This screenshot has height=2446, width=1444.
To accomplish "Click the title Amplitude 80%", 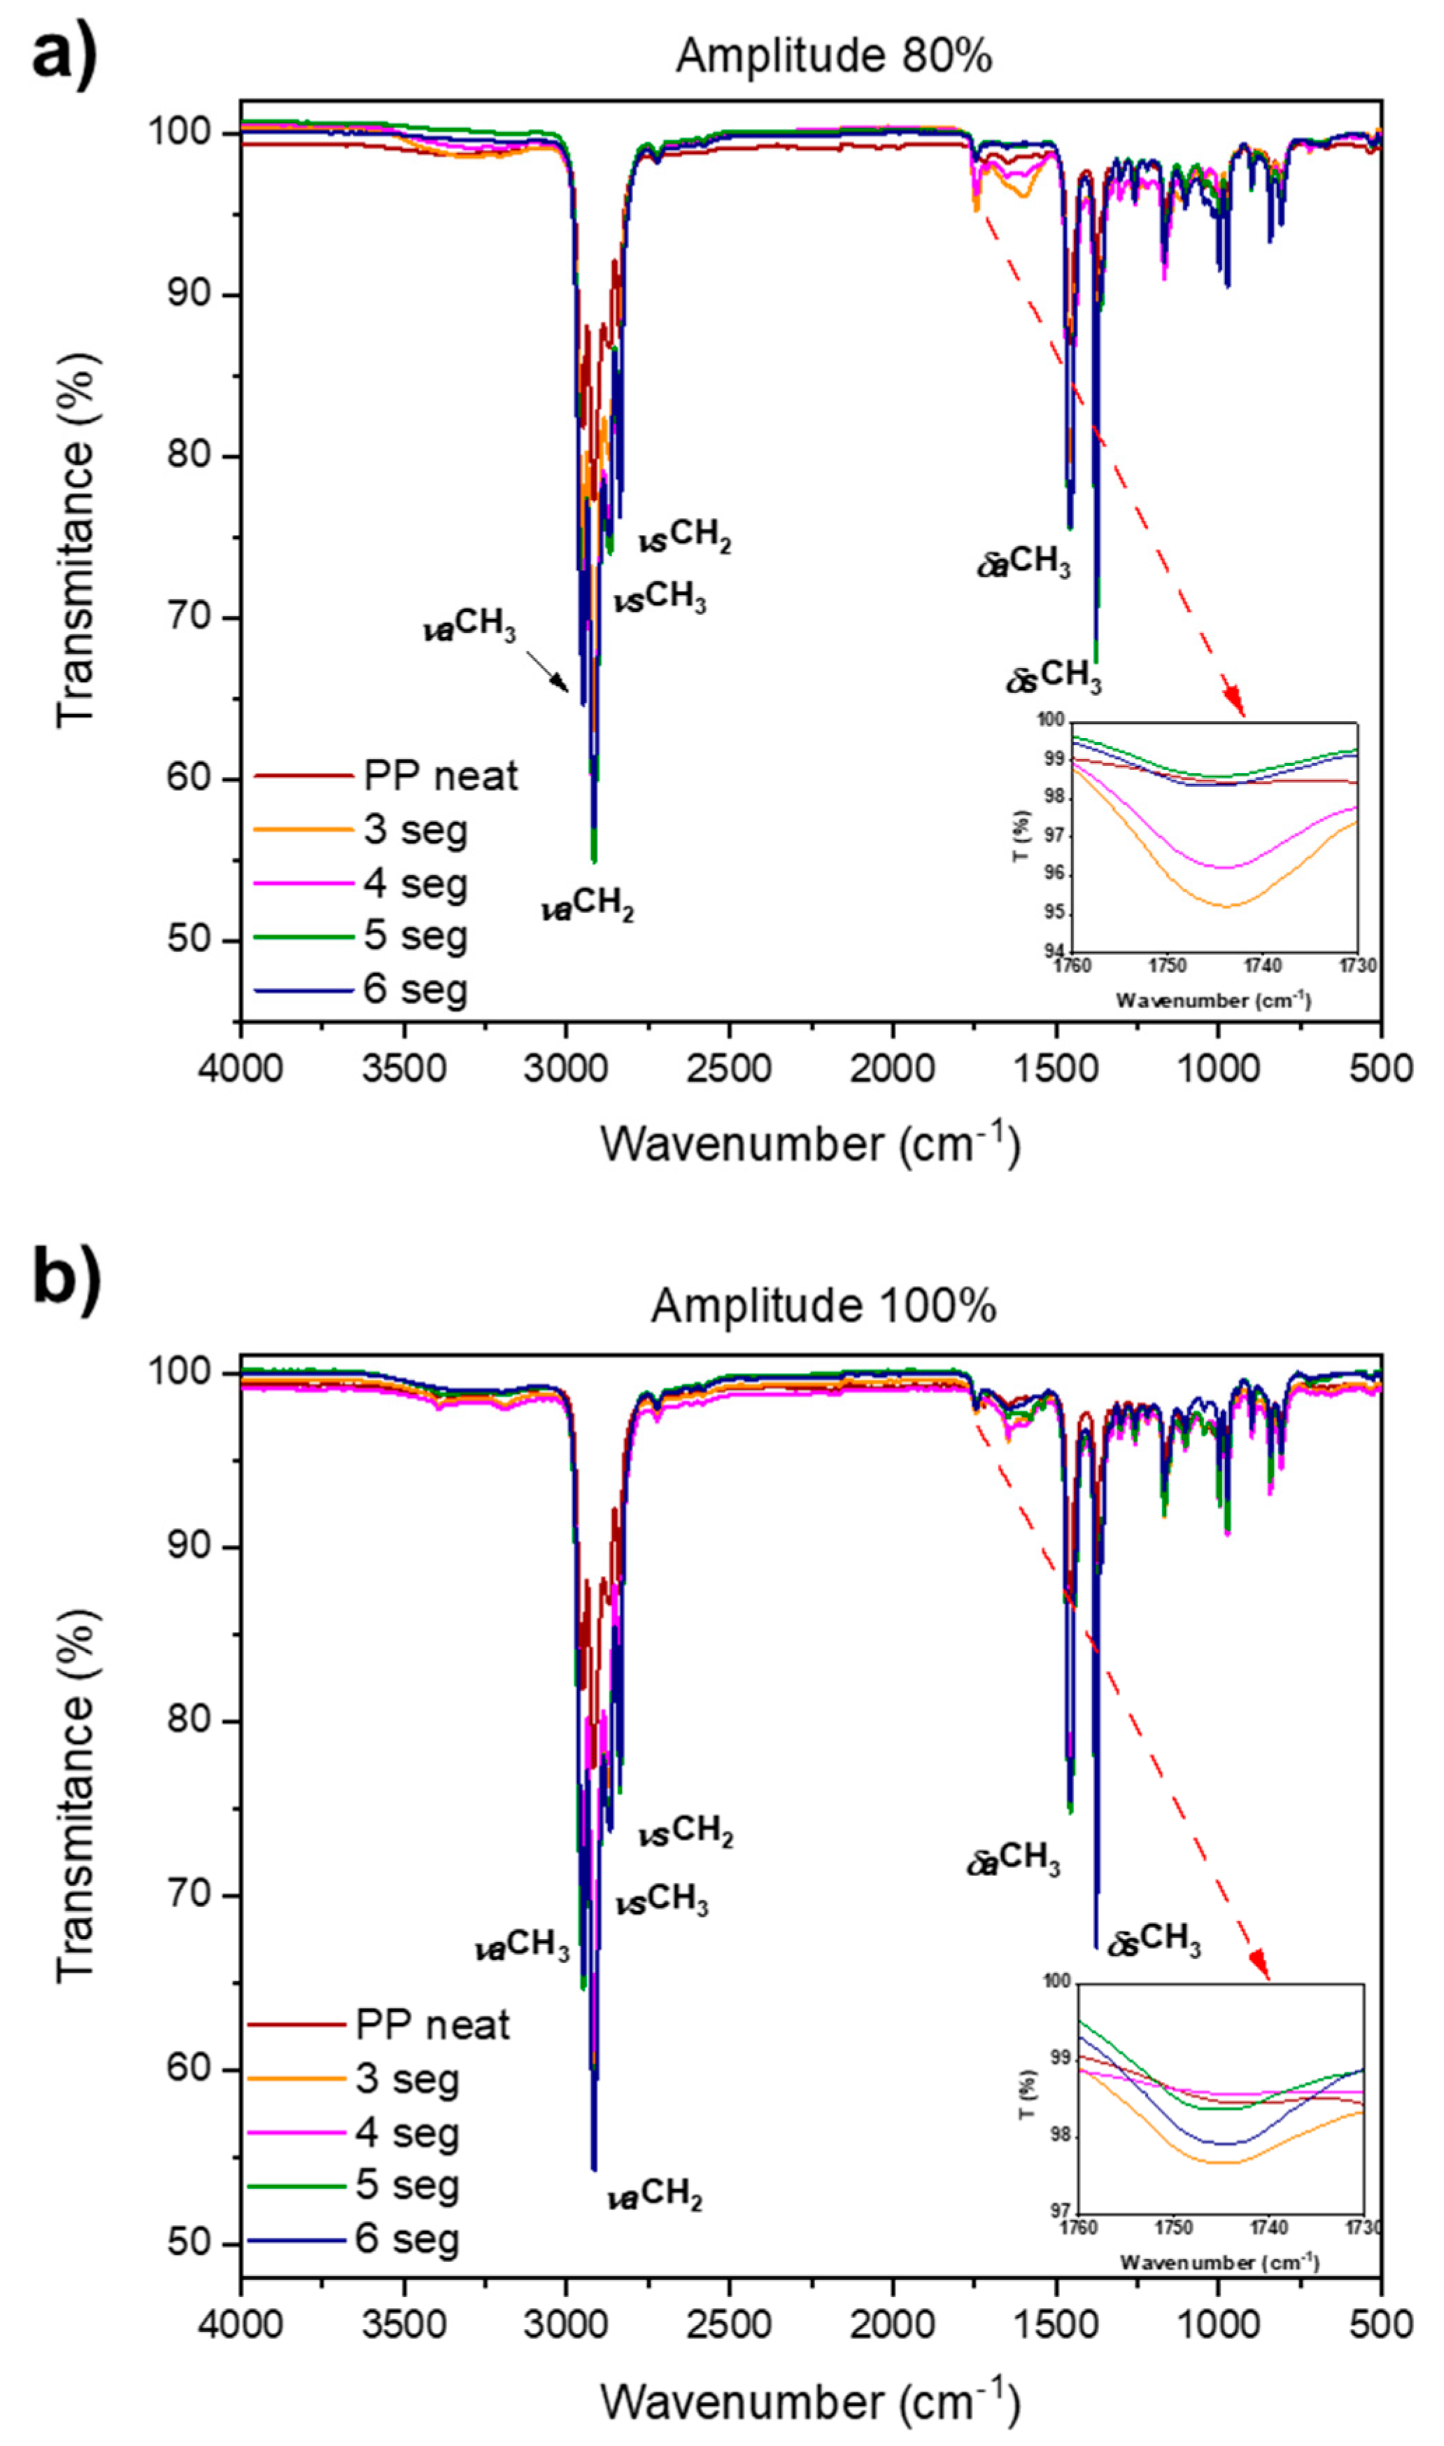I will [833, 57].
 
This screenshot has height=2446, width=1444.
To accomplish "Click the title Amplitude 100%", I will [823, 1305].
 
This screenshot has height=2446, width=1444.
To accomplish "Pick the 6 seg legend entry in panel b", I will [406, 2237].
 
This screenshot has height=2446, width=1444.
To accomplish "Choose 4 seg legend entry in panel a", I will [416, 883].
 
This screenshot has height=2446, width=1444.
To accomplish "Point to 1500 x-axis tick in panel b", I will [1055, 2324].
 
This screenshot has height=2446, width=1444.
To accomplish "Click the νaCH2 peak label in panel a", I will [588, 908].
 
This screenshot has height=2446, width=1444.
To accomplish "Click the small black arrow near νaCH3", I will [548, 671].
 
